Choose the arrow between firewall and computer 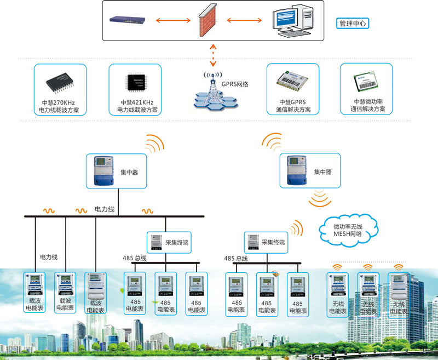click(x=242, y=21)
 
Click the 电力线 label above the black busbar click(x=105, y=209)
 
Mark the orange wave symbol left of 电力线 click(x=81, y=210)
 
